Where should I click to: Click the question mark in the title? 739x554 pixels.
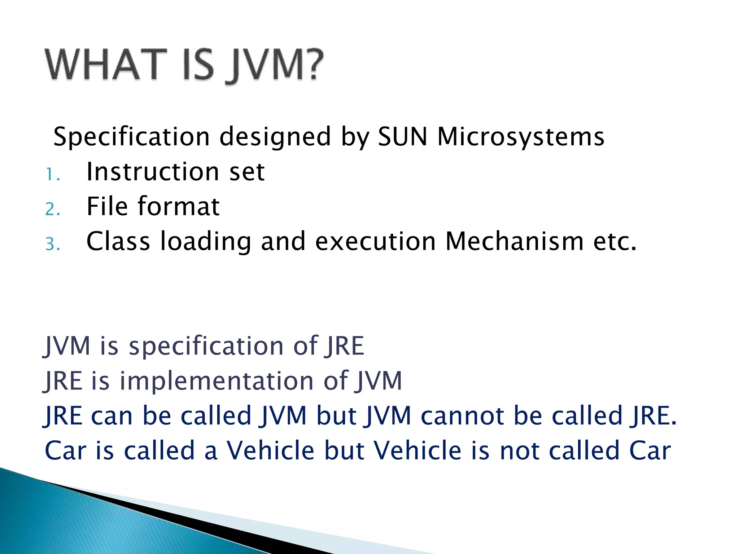point(311,64)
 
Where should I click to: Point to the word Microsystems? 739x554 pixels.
point(521,137)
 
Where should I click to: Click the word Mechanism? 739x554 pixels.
point(515,241)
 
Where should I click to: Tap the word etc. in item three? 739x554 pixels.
point(615,241)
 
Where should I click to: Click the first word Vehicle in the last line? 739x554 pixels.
point(271,451)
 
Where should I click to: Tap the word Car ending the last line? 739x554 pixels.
point(650,451)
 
